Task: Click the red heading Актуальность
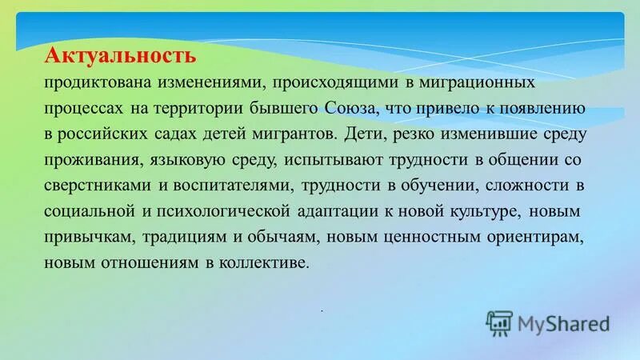coord(120,56)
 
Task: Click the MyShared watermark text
coord(563,323)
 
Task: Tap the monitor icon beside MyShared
coord(499,322)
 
